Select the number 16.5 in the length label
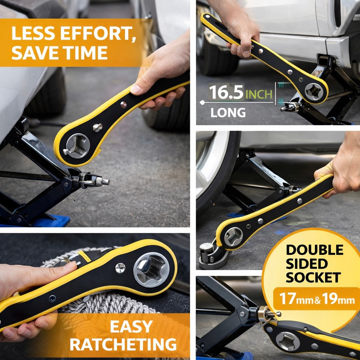[x=226, y=92]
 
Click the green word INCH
[x=259, y=94]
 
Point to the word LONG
[x=228, y=113]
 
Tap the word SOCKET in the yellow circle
[x=313, y=277]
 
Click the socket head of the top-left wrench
[x=77, y=145]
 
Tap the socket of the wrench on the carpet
[x=151, y=269]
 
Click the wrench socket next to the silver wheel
[x=233, y=237]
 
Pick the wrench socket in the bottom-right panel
[x=287, y=341]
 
